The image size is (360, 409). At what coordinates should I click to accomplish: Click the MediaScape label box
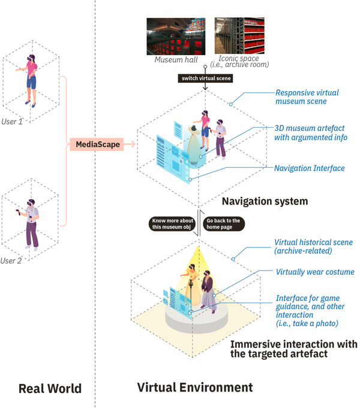pyautogui.click(x=96, y=144)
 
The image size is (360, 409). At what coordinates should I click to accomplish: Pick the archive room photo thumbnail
pyautogui.click(x=238, y=36)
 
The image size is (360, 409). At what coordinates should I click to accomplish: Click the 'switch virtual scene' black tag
pyautogui.click(x=205, y=79)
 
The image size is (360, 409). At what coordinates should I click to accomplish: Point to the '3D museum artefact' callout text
pyautogui.click(x=310, y=133)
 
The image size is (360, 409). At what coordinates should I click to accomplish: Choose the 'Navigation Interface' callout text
pyautogui.click(x=310, y=169)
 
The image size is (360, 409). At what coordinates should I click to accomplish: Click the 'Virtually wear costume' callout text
pyautogui.click(x=315, y=272)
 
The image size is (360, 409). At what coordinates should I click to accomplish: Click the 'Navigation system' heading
pyautogui.click(x=265, y=202)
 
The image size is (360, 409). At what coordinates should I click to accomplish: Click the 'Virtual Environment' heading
pyautogui.click(x=195, y=388)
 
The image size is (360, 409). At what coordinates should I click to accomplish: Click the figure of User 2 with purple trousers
pyautogui.click(x=31, y=225)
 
